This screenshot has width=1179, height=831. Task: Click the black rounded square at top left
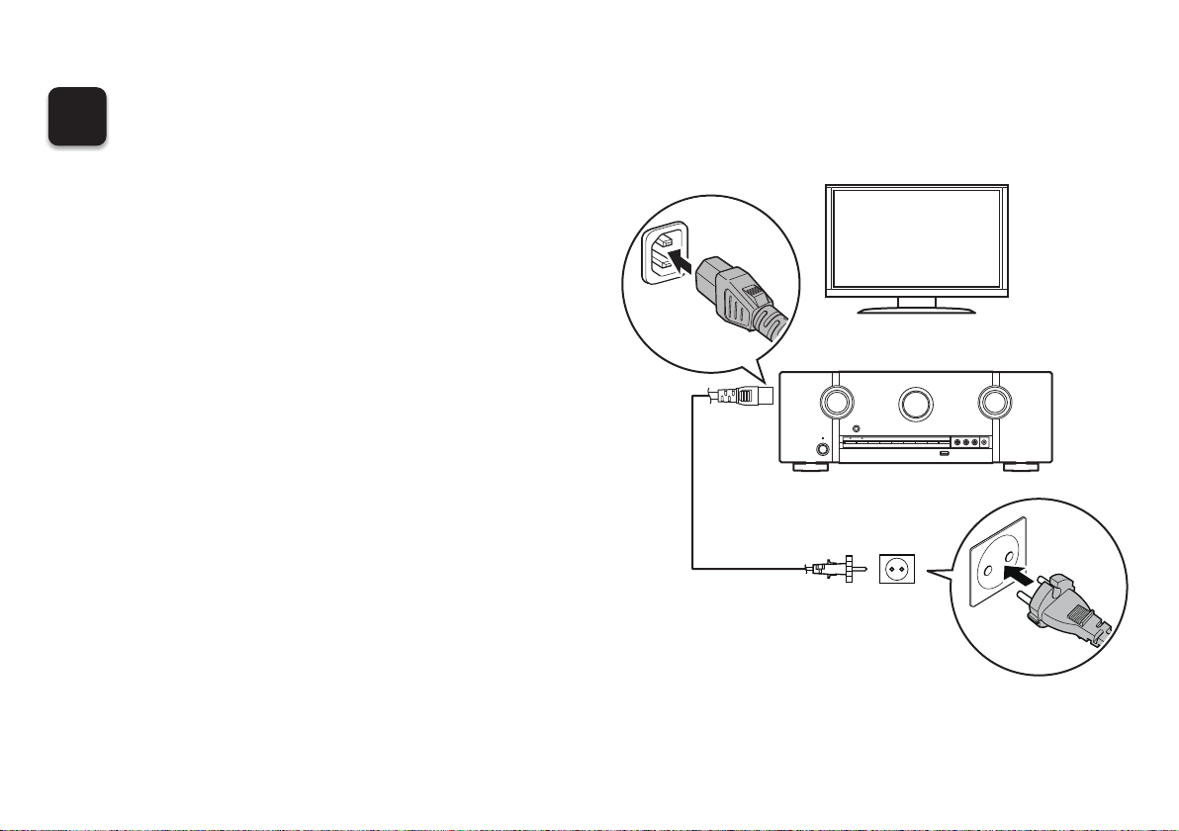[x=79, y=118]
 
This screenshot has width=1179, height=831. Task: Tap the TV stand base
[x=916, y=310]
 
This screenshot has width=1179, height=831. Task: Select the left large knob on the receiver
[x=837, y=402]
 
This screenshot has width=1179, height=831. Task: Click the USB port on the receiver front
[x=943, y=454]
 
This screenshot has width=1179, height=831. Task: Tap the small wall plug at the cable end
[x=841, y=568]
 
